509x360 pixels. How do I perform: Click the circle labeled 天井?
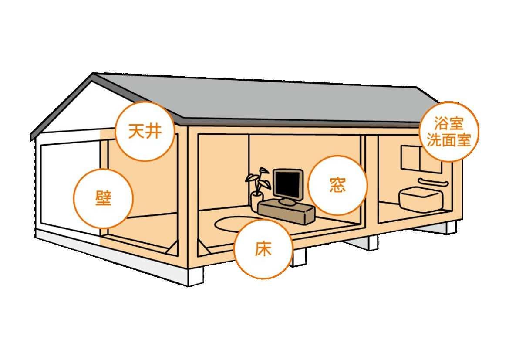pyautogui.click(x=145, y=131)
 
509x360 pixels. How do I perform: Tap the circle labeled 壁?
pyautogui.click(x=103, y=198)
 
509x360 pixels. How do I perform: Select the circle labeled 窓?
pyautogui.click(x=337, y=185)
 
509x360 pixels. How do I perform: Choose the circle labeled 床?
pyautogui.click(x=263, y=249)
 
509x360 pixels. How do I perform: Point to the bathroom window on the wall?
pyautogui.click(x=411, y=158)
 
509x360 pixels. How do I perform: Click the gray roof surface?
pyautogui.click(x=261, y=98)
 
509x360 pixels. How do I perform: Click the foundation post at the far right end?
pyautogui.click(x=450, y=227)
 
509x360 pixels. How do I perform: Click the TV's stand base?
pyautogui.click(x=287, y=202)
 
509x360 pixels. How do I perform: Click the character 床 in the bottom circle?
pyautogui.click(x=263, y=249)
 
